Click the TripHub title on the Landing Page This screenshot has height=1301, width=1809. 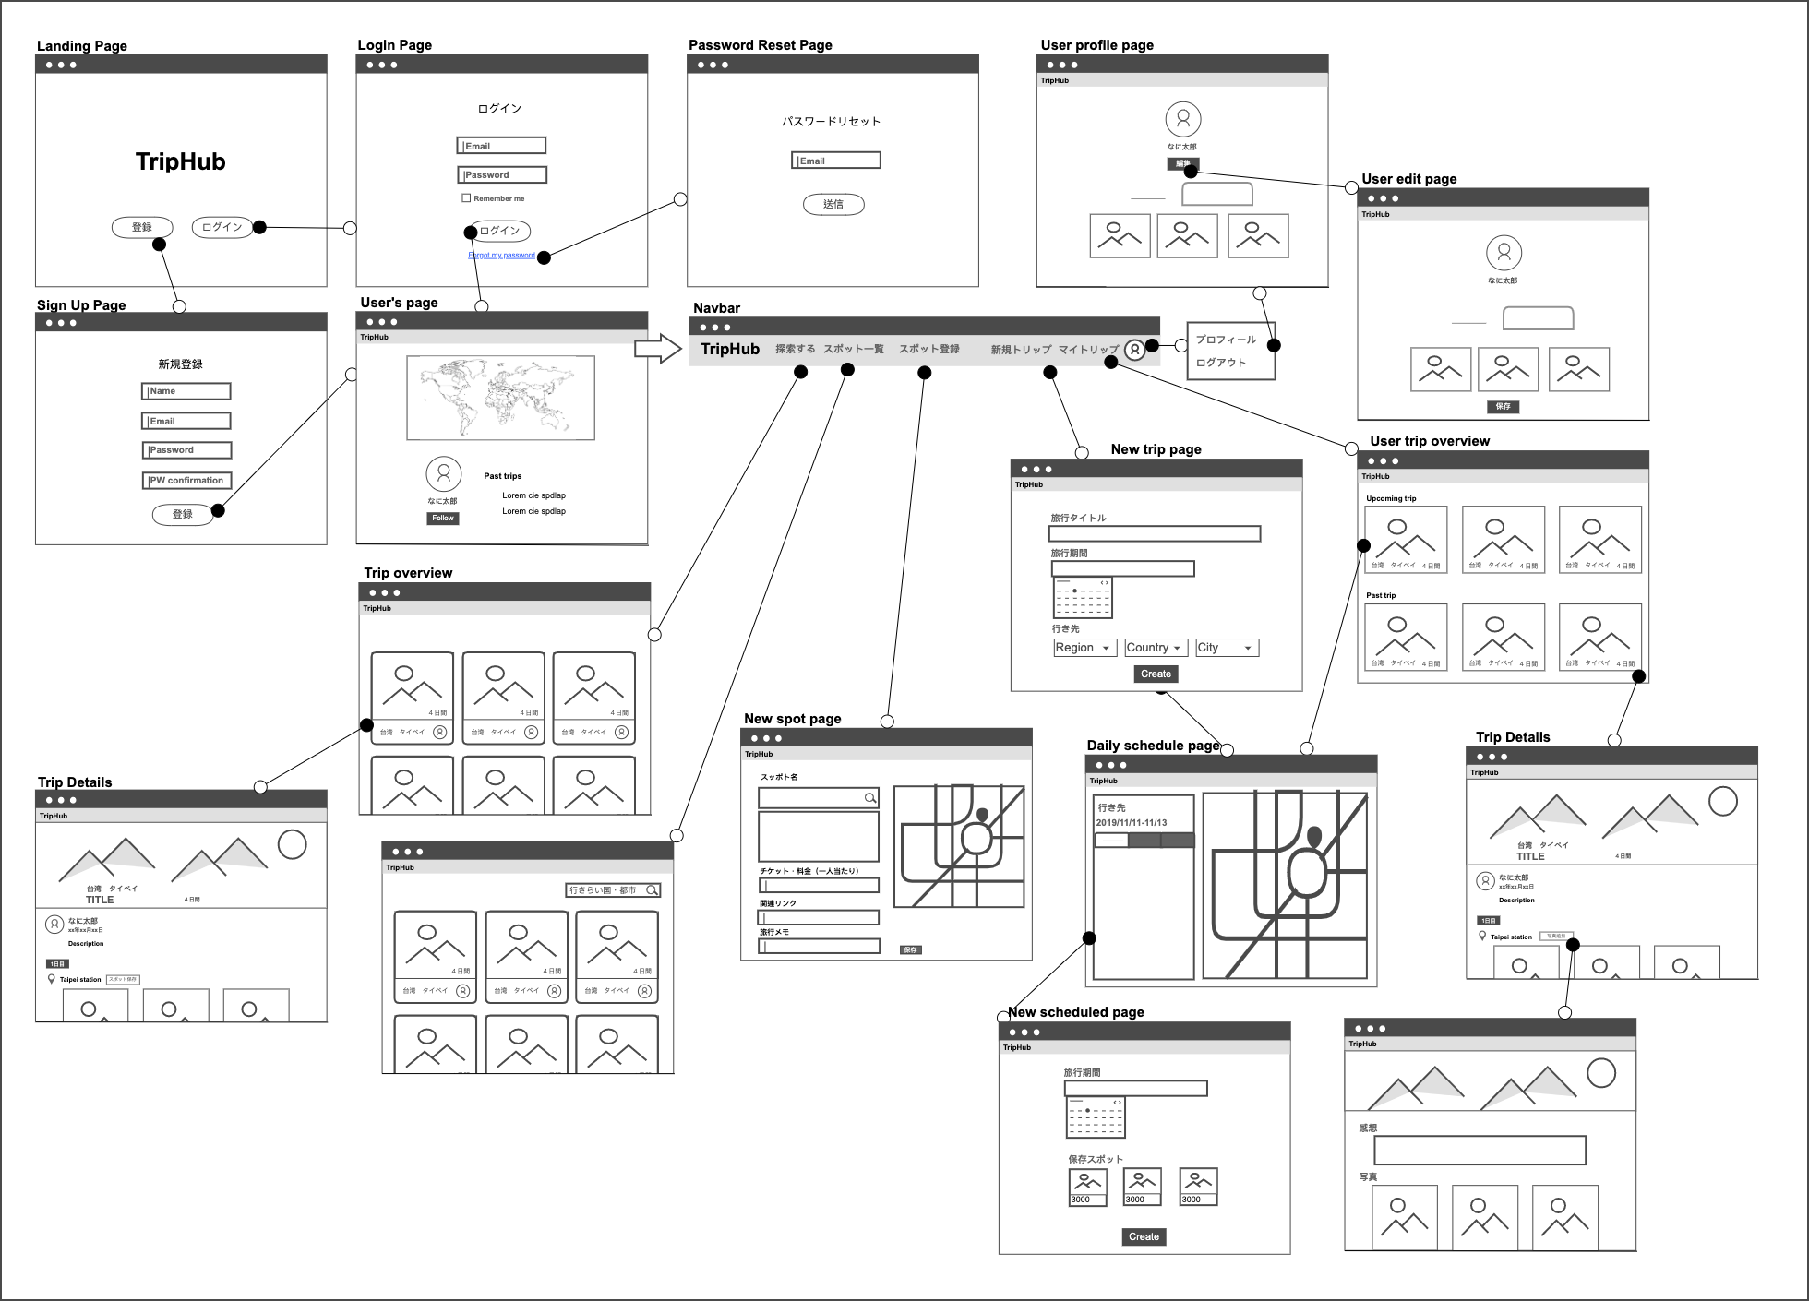[x=181, y=162]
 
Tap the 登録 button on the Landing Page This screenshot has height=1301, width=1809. [x=141, y=227]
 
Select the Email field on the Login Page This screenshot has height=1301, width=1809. [x=501, y=146]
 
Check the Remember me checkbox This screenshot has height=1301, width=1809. [x=466, y=198]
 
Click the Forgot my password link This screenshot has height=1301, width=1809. [x=501, y=256]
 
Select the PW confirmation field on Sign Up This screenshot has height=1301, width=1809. [x=186, y=481]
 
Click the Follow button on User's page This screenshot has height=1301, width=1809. [x=443, y=519]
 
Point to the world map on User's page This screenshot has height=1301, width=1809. [x=500, y=398]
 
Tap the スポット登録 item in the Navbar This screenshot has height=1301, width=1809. [x=928, y=349]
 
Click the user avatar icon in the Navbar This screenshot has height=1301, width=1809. [x=1135, y=350]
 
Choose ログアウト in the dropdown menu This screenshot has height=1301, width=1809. [x=1220, y=363]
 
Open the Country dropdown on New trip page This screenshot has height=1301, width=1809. [x=1156, y=648]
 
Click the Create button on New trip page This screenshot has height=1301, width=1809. [x=1156, y=674]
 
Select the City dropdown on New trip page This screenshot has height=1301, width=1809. [x=1227, y=648]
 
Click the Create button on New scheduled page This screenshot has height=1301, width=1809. [x=1144, y=1237]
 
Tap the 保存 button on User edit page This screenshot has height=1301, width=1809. [x=1503, y=407]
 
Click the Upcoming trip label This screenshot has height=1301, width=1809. [x=1391, y=499]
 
